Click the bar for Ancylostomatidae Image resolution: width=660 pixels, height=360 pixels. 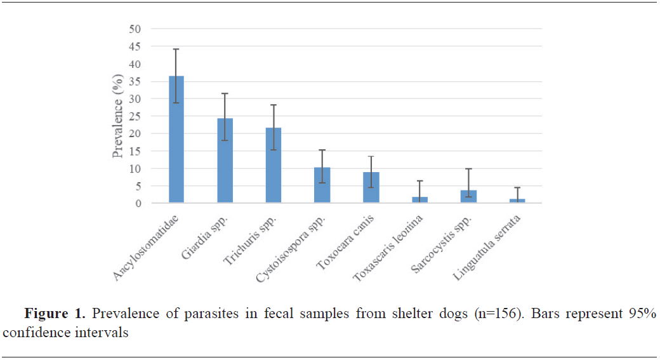click(x=176, y=140)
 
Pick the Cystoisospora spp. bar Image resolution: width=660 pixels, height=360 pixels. click(x=322, y=185)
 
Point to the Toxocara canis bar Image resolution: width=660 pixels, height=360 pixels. click(x=371, y=188)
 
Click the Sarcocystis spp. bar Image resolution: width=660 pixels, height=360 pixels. click(x=469, y=197)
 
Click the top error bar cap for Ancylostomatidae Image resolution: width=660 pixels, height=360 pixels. click(x=176, y=49)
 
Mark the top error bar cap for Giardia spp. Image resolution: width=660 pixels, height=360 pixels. click(x=225, y=93)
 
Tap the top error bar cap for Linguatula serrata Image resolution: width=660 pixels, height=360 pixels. click(x=518, y=188)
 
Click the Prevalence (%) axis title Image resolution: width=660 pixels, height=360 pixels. click(x=118, y=120)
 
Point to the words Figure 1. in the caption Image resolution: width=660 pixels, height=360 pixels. click(x=56, y=314)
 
